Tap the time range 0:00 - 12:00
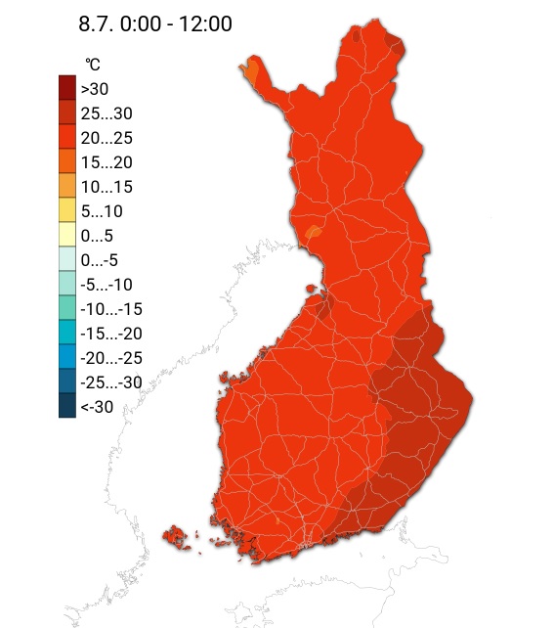(x=178, y=23)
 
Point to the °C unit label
(x=92, y=65)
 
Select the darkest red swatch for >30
(x=67, y=88)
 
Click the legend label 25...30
(x=107, y=112)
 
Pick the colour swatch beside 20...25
(x=67, y=137)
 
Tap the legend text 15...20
(x=107, y=161)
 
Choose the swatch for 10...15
(x=67, y=186)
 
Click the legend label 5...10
(x=102, y=210)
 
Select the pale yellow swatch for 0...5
(x=67, y=235)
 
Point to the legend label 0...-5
(x=103, y=259)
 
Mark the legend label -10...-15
(x=111, y=308)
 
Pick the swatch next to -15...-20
(x=67, y=333)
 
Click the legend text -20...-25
(x=111, y=357)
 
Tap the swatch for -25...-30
(x=67, y=381)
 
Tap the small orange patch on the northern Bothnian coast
(x=313, y=232)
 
